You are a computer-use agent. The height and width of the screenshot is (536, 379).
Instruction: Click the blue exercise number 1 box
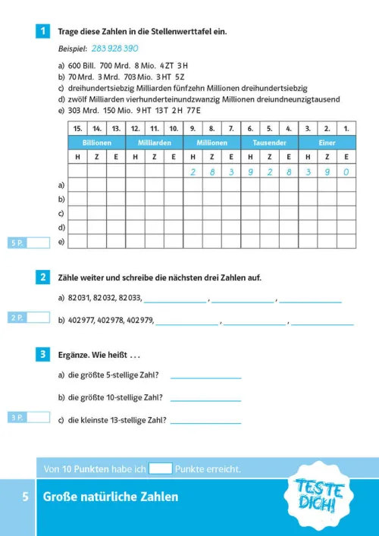44,31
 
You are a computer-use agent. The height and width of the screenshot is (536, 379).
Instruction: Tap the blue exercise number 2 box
44,277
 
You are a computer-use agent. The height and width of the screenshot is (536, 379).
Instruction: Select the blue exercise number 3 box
44,354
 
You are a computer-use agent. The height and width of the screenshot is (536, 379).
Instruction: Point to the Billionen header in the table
96,143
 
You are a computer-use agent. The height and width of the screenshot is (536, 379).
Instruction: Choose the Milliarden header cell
154,143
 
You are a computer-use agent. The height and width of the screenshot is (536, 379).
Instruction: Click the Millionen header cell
211,143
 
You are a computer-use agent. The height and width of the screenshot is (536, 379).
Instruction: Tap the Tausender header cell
269,143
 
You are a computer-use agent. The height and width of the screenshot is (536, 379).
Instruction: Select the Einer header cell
327,143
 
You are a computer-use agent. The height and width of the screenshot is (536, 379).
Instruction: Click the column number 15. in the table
77,129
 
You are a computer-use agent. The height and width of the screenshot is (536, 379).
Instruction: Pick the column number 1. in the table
346,129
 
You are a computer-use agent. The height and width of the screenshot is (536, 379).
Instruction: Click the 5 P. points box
30,243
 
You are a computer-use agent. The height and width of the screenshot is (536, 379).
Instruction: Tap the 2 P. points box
30,318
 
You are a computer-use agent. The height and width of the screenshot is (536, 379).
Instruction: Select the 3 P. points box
30,417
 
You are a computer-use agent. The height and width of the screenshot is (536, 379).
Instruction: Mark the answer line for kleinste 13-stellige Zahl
205,421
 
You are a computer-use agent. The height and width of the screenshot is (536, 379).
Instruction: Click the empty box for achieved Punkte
161,469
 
